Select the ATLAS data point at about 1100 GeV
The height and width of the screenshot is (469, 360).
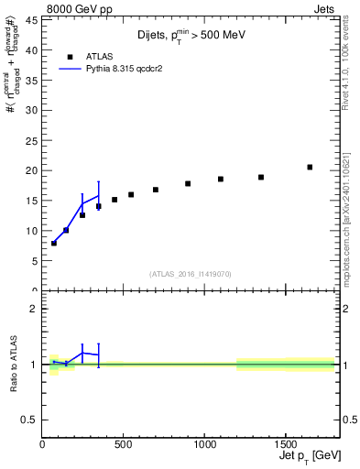(x=221, y=179)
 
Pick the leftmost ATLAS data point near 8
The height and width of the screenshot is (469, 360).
(x=54, y=243)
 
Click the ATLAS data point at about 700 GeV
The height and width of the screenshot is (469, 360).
(x=156, y=190)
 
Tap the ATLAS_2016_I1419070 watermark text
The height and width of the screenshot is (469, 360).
(x=190, y=273)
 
